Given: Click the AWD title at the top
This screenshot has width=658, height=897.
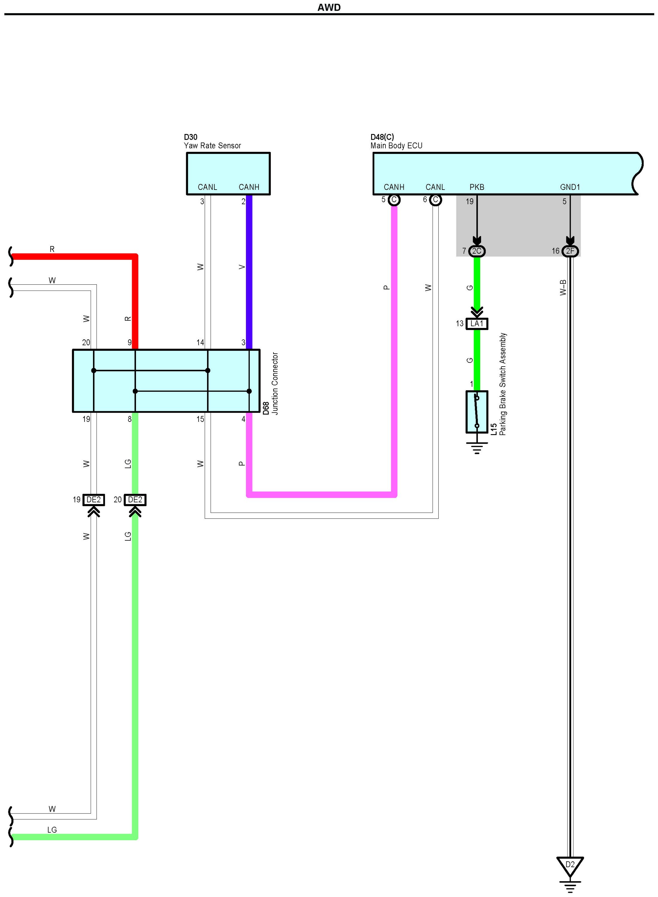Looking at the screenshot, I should point(329,7).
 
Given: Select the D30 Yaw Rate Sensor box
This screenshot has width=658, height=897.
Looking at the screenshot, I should point(228,173).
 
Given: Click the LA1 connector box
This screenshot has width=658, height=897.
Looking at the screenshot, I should point(477,324).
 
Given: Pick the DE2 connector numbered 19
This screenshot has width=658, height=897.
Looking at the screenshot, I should point(94,500).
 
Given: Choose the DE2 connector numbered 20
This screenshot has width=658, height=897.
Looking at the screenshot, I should point(135,500).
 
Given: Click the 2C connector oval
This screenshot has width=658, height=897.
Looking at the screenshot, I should point(477,251).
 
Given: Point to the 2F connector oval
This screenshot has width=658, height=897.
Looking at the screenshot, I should point(570,251).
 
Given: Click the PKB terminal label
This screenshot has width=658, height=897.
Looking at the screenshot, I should point(477,187).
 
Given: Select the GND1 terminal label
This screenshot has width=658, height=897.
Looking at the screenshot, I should point(570,187).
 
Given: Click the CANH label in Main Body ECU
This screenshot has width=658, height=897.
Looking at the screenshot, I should point(394,187).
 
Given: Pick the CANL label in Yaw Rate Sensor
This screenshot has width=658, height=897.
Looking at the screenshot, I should point(207,187).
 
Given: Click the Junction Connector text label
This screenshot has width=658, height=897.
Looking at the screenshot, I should point(275,383).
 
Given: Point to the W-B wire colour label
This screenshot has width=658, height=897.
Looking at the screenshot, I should point(563,287).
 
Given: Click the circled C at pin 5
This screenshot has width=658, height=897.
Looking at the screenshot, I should point(394,200).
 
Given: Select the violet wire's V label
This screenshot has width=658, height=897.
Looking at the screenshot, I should point(242,267).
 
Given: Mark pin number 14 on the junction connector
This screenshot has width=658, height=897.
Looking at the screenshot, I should point(200,342).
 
